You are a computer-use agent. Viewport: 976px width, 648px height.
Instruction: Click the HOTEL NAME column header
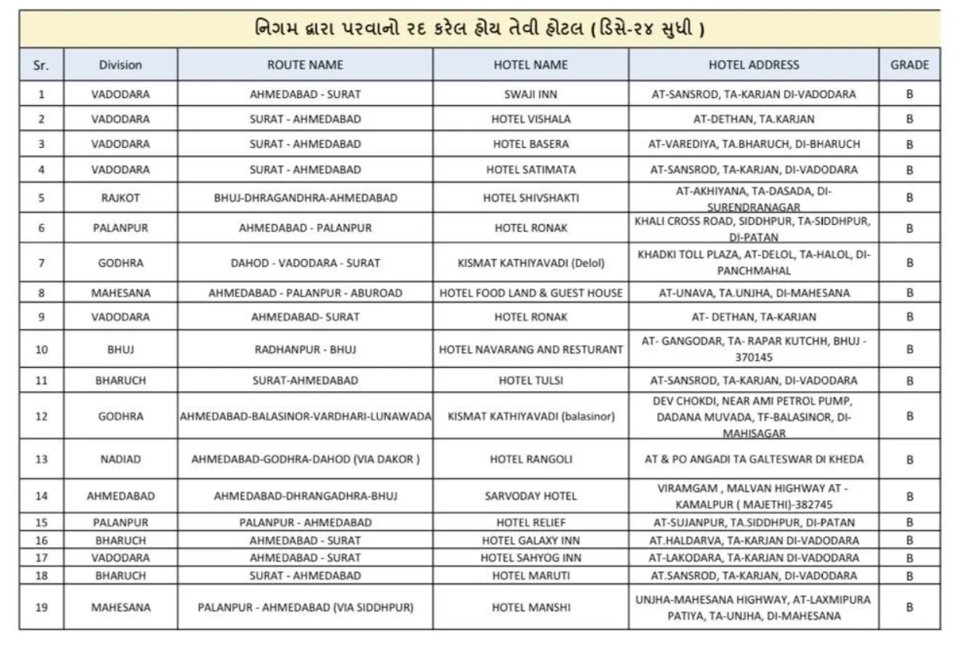click(x=530, y=65)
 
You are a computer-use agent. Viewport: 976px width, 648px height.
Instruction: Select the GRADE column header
click(x=909, y=65)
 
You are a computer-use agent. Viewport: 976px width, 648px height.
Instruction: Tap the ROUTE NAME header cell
click(x=305, y=65)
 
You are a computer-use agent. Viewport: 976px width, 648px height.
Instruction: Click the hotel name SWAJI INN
click(x=530, y=94)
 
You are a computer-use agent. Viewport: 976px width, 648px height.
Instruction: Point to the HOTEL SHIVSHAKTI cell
click(x=530, y=198)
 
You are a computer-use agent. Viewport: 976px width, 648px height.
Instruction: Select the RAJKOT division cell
click(x=121, y=198)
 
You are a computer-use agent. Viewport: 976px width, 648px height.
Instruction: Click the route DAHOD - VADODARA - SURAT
click(x=305, y=263)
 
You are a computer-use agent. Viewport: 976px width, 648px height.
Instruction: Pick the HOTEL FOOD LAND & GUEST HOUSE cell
click(x=530, y=293)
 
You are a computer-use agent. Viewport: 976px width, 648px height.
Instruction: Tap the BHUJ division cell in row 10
click(x=121, y=349)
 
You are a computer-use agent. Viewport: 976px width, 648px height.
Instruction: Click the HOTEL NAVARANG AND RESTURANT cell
click(x=530, y=349)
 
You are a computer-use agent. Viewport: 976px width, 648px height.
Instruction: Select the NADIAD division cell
click(x=121, y=459)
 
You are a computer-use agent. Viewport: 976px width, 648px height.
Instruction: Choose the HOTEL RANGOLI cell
click(x=530, y=459)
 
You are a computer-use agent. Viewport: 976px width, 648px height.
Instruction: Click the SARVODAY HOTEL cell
click(x=530, y=496)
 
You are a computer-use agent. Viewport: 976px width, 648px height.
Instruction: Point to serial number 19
click(x=41, y=607)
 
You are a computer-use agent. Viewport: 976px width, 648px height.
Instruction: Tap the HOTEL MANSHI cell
click(x=530, y=607)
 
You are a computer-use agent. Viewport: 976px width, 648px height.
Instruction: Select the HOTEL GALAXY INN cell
click(x=530, y=540)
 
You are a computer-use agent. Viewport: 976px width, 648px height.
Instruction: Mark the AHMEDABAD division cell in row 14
click(x=121, y=496)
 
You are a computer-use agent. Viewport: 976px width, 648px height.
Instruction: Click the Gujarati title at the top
click(x=480, y=29)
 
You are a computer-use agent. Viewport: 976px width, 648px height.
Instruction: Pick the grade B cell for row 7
click(x=909, y=263)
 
